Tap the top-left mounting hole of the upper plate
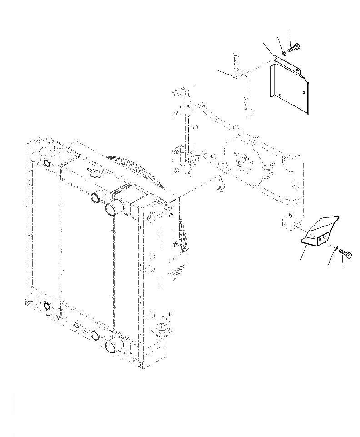[275, 58]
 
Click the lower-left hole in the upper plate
[280, 95]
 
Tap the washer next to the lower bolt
[335, 248]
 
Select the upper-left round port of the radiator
[47, 163]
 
